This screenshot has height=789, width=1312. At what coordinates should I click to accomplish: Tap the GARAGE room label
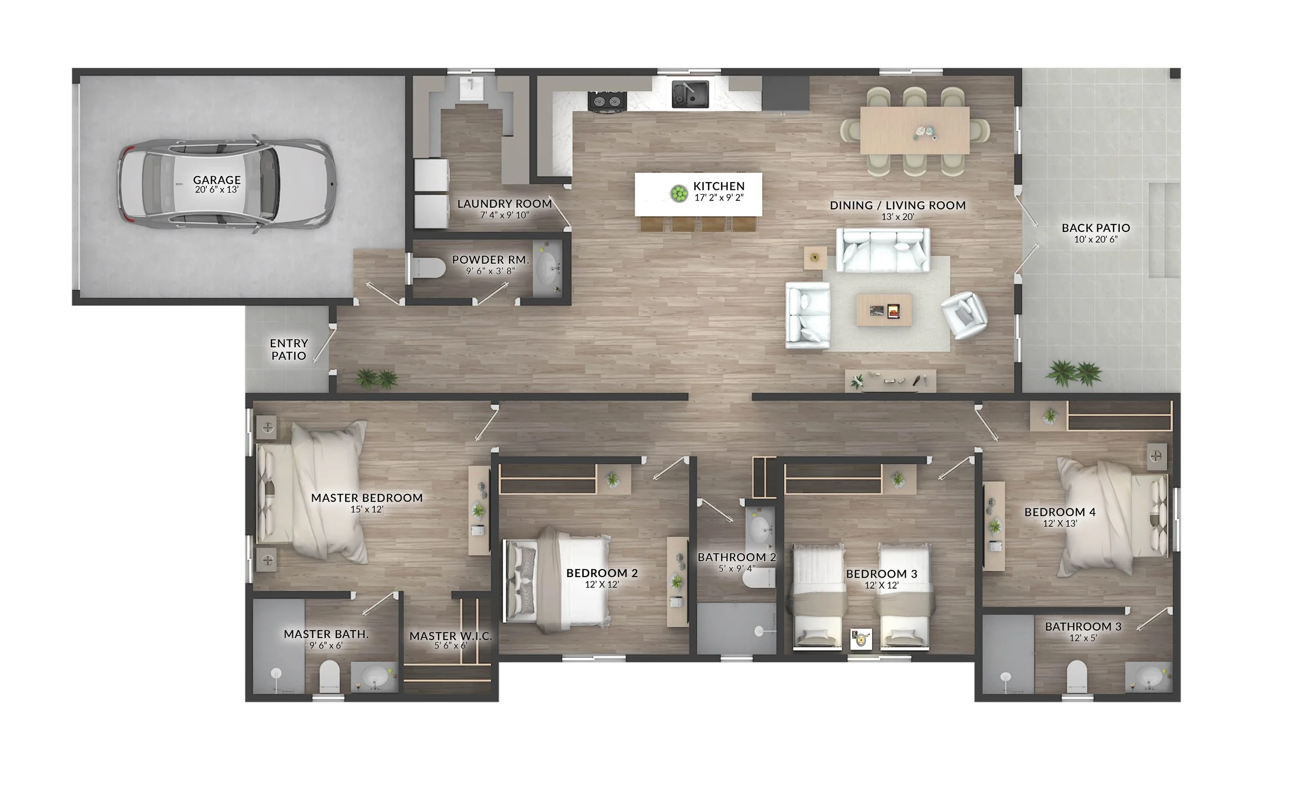[216, 180]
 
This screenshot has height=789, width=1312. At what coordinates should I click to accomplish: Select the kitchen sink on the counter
[689, 94]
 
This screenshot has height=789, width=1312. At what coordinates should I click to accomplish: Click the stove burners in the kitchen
[607, 101]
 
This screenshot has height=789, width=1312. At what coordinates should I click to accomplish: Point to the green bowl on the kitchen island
[679, 194]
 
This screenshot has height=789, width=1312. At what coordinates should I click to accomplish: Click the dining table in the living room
[914, 131]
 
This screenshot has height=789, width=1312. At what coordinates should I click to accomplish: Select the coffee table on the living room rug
[883, 311]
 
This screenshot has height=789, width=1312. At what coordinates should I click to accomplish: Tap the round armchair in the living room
[964, 315]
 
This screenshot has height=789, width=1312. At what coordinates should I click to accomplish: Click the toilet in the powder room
[428, 268]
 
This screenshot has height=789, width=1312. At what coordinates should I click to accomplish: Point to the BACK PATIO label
[1096, 228]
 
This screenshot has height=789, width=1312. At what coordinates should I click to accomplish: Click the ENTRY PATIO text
[289, 349]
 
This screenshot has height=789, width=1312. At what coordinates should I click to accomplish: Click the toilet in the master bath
[329, 676]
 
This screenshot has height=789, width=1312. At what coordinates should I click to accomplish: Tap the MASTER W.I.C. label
[450, 636]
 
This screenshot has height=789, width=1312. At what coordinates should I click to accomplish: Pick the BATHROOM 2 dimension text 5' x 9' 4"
[736, 569]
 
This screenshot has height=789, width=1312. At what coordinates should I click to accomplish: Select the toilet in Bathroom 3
[1076, 676]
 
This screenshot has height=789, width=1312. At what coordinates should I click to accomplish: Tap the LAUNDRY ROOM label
[504, 204]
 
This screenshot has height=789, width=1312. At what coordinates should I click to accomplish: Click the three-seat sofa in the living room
[882, 250]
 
